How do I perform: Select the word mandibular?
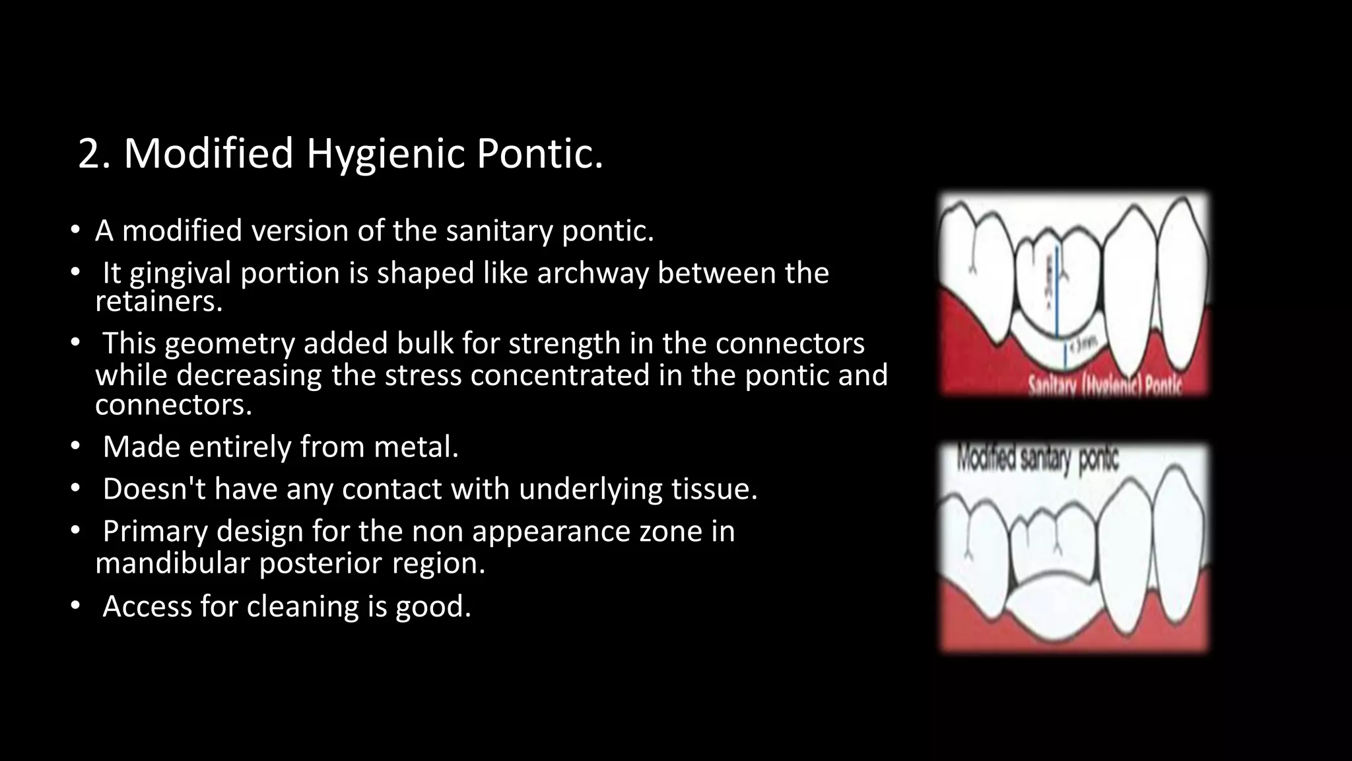(x=172, y=563)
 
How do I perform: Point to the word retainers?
(x=158, y=302)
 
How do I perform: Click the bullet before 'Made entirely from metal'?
(x=76, y=447)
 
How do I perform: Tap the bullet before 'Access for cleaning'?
(x=76, y=606)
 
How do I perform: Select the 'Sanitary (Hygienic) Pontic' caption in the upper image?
(x=1104, y=386)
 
